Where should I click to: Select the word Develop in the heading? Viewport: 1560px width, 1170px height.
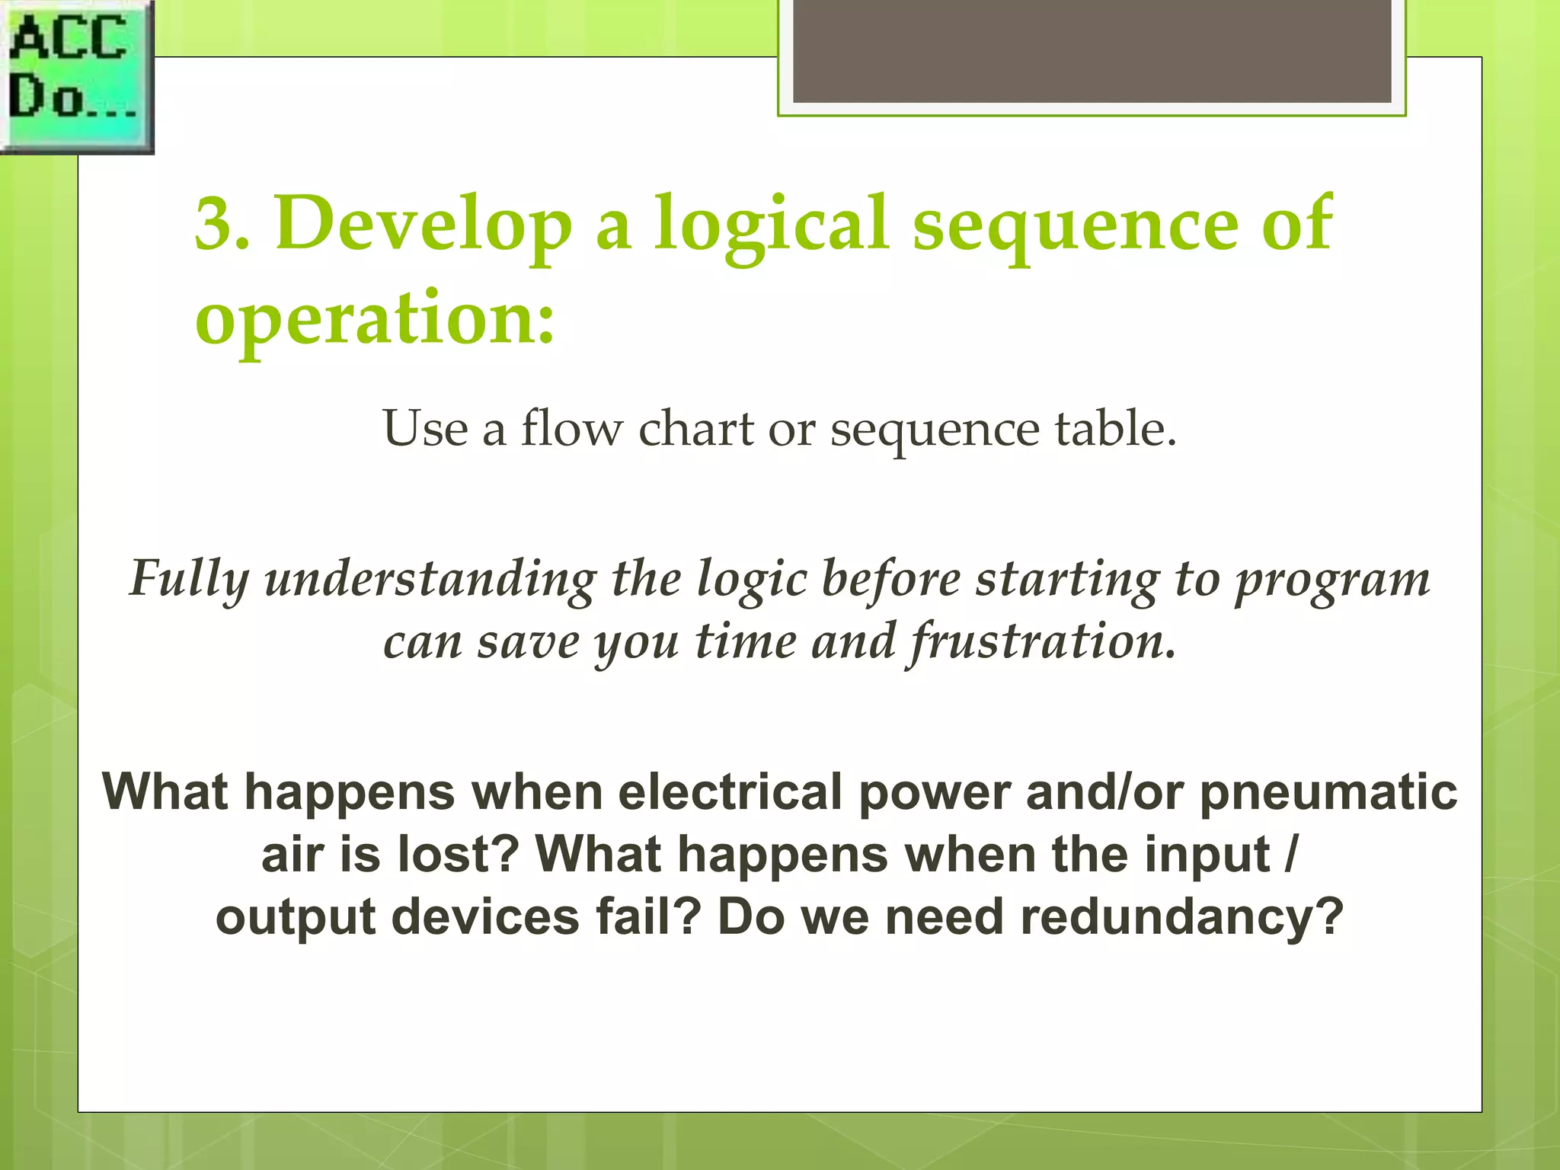click(x=423, y=224)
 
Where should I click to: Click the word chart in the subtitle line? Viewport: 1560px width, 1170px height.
click(x=695, y=428)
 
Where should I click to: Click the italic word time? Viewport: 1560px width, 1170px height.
click(x=746, y=641)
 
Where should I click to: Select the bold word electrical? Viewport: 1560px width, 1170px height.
click(x=730, y=792)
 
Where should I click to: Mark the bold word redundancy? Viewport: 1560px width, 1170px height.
click(x=1181, y=916)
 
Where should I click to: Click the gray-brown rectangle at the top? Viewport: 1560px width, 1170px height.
click(x=1092, y=50)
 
